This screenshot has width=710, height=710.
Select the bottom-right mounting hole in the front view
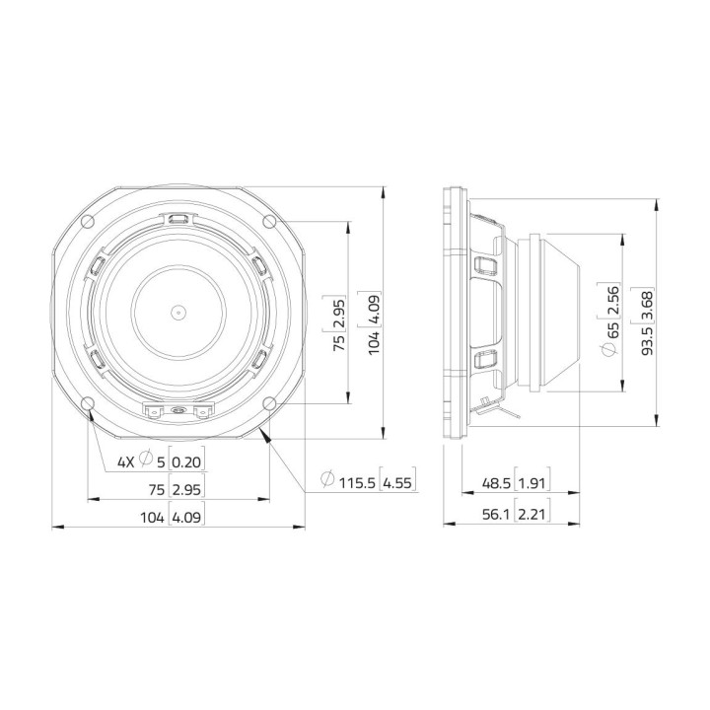[268, 402]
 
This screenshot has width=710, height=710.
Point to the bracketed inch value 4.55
[397, 482]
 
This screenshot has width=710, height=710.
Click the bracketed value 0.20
[186, 461]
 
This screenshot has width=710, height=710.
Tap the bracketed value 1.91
[532, 483]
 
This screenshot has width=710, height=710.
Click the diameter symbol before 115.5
[326, 482]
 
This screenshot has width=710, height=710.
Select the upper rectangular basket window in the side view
[485, 264]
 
